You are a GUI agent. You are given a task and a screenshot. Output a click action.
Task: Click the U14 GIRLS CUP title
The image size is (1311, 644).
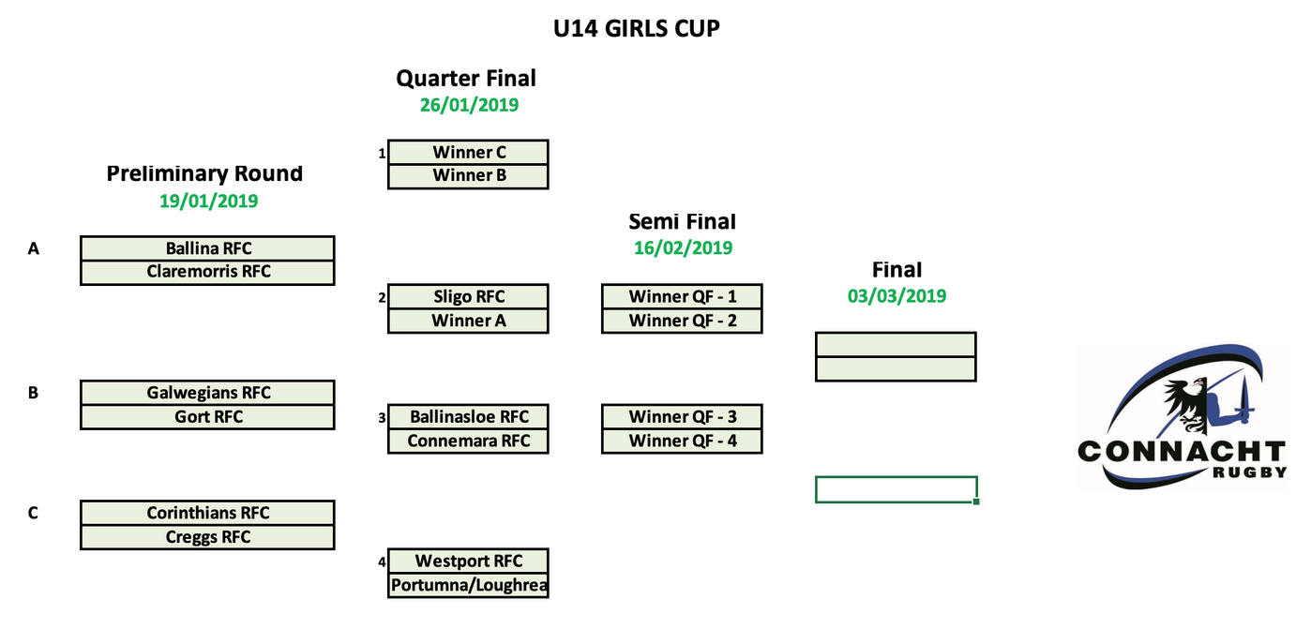637,29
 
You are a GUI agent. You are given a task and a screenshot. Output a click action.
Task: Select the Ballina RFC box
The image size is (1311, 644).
207,248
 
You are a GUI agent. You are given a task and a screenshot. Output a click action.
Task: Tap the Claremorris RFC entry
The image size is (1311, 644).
207,272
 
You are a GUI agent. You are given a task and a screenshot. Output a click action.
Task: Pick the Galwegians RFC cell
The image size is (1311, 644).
207,393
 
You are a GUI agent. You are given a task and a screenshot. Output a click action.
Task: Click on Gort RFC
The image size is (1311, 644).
207,417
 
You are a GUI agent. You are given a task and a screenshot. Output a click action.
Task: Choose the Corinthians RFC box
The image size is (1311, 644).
207,513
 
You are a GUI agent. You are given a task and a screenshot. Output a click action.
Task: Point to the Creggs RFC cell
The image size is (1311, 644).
207,537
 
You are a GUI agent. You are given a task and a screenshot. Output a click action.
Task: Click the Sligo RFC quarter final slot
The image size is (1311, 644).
468,297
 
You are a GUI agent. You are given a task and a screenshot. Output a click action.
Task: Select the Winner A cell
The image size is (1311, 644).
468,321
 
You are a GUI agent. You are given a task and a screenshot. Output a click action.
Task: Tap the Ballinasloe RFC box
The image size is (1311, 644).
468,417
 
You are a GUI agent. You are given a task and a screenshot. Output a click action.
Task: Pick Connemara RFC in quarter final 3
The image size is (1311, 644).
468,441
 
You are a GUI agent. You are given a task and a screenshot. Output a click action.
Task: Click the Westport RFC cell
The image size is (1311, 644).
468,562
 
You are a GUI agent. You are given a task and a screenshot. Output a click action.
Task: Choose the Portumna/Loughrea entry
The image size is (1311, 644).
468,586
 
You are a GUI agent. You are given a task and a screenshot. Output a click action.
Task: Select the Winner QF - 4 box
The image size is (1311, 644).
682,441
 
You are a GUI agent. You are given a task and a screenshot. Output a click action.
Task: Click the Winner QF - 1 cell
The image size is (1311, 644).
682,297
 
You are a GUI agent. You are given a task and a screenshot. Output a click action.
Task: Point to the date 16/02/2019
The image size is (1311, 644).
682,248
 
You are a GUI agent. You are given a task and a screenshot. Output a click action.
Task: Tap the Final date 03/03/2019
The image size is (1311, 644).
897,296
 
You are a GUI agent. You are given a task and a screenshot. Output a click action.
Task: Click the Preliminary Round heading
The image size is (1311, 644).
204,173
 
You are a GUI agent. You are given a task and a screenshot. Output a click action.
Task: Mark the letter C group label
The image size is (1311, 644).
33,513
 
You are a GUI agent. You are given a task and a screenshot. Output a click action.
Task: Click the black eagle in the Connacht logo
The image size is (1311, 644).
1185,398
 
